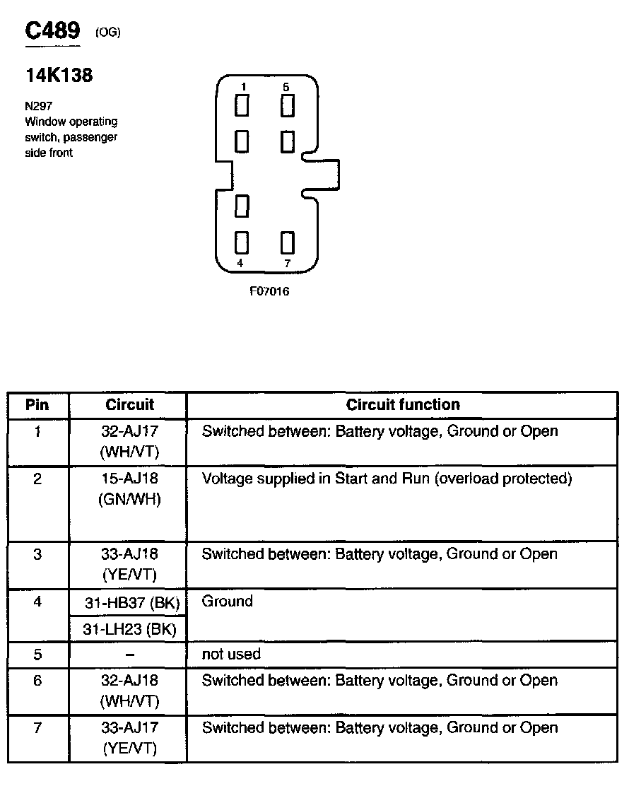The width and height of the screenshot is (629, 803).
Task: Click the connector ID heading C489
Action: pos(53,31)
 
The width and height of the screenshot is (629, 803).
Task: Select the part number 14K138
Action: pos(59,76)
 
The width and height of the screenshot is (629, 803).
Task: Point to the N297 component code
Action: pos(38,106)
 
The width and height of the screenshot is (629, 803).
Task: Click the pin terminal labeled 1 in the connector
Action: pos(242,106)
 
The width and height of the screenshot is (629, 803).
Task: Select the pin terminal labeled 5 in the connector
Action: pos(286,106)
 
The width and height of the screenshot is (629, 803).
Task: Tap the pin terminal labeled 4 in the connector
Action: pos(242,242)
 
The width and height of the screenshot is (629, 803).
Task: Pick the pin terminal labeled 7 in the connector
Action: pos(286,242)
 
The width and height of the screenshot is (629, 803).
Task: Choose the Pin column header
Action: pos(37,405)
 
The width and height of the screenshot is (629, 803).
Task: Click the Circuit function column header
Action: pos(402,405)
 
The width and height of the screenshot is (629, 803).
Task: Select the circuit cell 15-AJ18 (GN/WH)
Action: pos(129,488)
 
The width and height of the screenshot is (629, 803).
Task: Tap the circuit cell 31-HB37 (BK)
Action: pos(129,603)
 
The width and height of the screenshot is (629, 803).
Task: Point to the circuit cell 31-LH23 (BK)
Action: pos(129,628)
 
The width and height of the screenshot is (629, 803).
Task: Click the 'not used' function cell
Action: pos(231,655)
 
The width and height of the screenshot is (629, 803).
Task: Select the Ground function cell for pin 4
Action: pos(227,602)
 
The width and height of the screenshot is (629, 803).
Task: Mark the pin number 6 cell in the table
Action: pos(37,681)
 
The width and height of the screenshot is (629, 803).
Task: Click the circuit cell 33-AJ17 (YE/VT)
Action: pos(129,737)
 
